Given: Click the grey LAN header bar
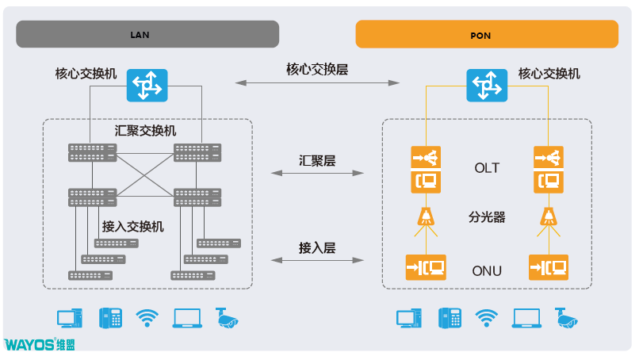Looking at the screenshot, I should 147,35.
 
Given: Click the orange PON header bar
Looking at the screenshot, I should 486,35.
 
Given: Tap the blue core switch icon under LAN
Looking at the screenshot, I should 147,84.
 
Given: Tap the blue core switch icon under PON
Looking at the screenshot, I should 486,85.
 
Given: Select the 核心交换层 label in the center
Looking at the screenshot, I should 317,69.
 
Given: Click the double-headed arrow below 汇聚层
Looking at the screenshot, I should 317,172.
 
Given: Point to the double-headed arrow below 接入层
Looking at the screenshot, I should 317,259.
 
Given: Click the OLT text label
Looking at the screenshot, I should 486,168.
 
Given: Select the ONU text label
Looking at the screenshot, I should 486,270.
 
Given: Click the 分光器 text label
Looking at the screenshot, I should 486,216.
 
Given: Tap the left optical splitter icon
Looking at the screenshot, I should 426,216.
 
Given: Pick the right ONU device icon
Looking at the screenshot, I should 548,266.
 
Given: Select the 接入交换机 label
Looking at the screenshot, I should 133,227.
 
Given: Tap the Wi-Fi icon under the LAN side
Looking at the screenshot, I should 147,319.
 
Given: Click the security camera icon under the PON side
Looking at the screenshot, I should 567,317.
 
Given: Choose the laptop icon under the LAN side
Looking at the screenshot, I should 186,319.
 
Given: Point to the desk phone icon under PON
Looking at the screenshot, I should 450,318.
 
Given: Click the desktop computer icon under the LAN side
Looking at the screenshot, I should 69,319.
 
